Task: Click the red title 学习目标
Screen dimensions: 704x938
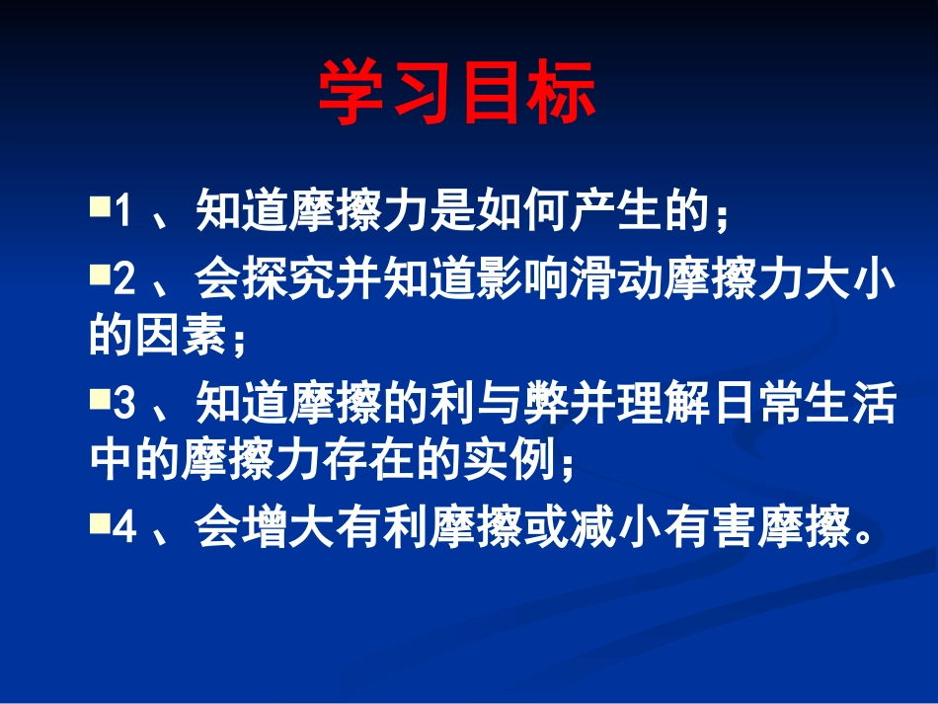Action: click(x=457, y=94)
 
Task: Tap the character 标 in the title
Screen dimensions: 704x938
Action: click(x=563, y=94)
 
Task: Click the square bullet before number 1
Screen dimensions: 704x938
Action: click(x=99, y=208)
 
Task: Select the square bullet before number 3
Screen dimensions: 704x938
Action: click(x=99, y=399)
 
